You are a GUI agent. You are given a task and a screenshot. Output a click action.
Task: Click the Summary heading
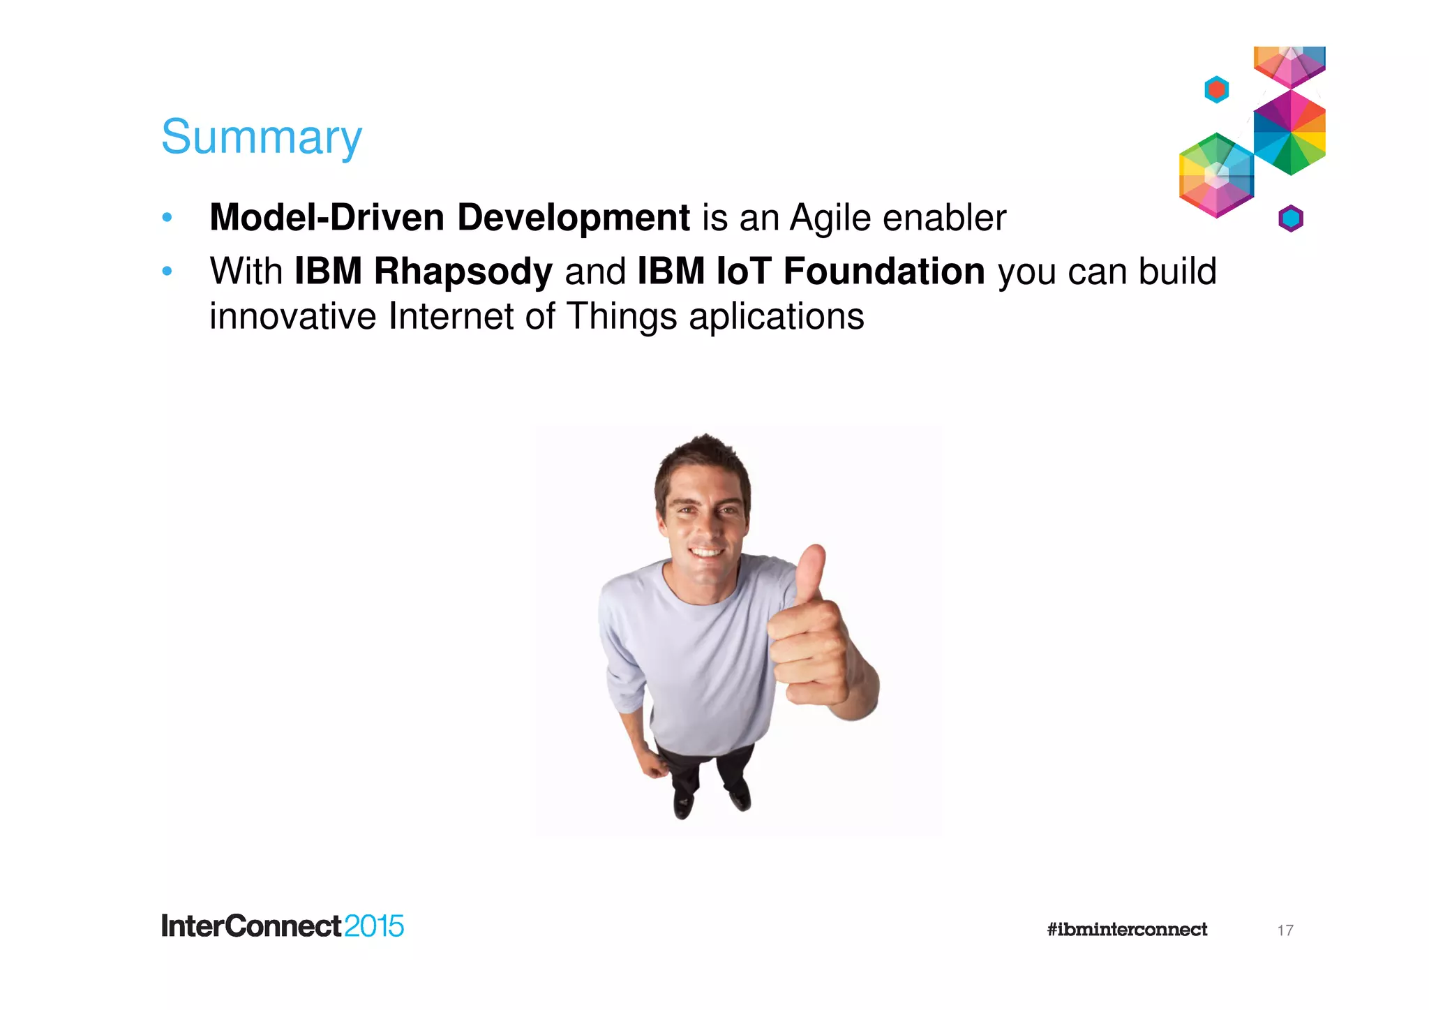coord(261,137)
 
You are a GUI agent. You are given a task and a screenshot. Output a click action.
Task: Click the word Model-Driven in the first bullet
coord(327,217)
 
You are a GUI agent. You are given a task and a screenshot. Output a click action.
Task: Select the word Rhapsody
coord(463,272)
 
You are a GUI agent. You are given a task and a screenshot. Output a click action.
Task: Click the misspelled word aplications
coord(776,317)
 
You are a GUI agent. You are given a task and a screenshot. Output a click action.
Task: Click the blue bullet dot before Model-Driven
coord(167,218)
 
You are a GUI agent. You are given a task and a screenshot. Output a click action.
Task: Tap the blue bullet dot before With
coord(167,271)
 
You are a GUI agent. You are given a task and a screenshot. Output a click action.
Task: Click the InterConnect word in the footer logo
coord(251,926)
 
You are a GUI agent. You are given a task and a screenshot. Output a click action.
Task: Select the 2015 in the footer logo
coord(374,926)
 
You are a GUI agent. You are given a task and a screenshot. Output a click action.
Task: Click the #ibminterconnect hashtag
coord(1126,929)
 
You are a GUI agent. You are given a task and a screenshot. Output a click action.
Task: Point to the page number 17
coord(1285,930)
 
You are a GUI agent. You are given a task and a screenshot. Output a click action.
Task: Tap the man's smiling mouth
coord(705,553)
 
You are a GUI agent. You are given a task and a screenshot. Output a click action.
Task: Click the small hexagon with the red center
coord(1216,89)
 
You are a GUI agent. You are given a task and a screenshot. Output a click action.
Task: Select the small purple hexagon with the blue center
coord(1290,219)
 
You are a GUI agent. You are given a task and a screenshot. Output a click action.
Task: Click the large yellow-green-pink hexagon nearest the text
coord(1215,175)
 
